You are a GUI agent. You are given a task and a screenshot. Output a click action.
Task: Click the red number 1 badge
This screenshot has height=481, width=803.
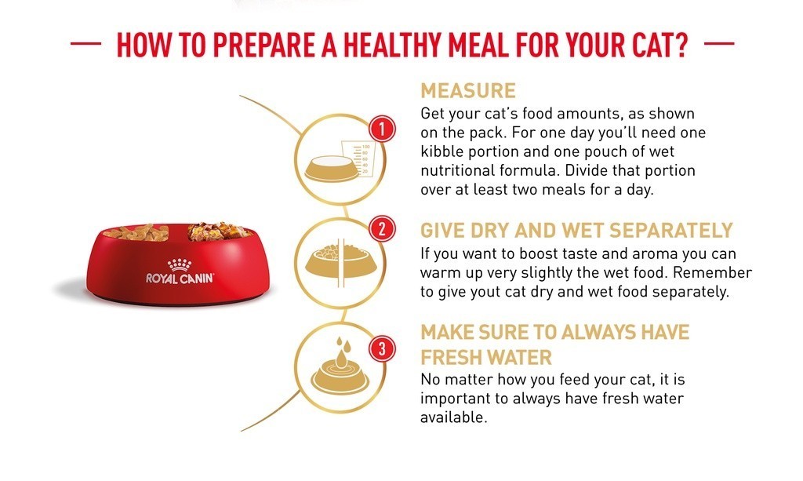(382, 129)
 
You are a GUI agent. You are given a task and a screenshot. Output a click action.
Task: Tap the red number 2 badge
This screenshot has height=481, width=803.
(382, 229)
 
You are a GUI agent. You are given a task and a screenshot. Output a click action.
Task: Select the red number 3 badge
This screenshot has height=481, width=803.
(382, 349)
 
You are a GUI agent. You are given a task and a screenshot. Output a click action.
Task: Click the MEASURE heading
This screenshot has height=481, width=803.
(468, 91)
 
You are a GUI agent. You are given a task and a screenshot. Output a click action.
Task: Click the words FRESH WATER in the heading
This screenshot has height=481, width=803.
(486, 357)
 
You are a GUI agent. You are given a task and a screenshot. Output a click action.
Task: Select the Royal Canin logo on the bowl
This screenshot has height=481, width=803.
(180, 271)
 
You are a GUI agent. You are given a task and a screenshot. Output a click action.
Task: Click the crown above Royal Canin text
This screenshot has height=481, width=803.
(180, 265)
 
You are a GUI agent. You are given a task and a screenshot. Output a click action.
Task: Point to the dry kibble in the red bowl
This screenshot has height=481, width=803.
(136, 232)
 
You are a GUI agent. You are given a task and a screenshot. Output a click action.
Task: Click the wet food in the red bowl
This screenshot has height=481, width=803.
(220, 231)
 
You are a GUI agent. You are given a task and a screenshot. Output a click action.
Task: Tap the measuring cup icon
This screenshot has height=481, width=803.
(358, 159)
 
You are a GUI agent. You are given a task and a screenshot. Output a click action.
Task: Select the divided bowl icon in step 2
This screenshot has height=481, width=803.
(341, 261)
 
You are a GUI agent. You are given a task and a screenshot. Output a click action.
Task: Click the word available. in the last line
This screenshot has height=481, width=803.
(453, 417)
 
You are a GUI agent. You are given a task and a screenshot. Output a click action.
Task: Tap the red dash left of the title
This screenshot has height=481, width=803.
(85, 44)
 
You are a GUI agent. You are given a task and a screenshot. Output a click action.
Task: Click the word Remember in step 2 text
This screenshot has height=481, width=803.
(712, 272)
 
